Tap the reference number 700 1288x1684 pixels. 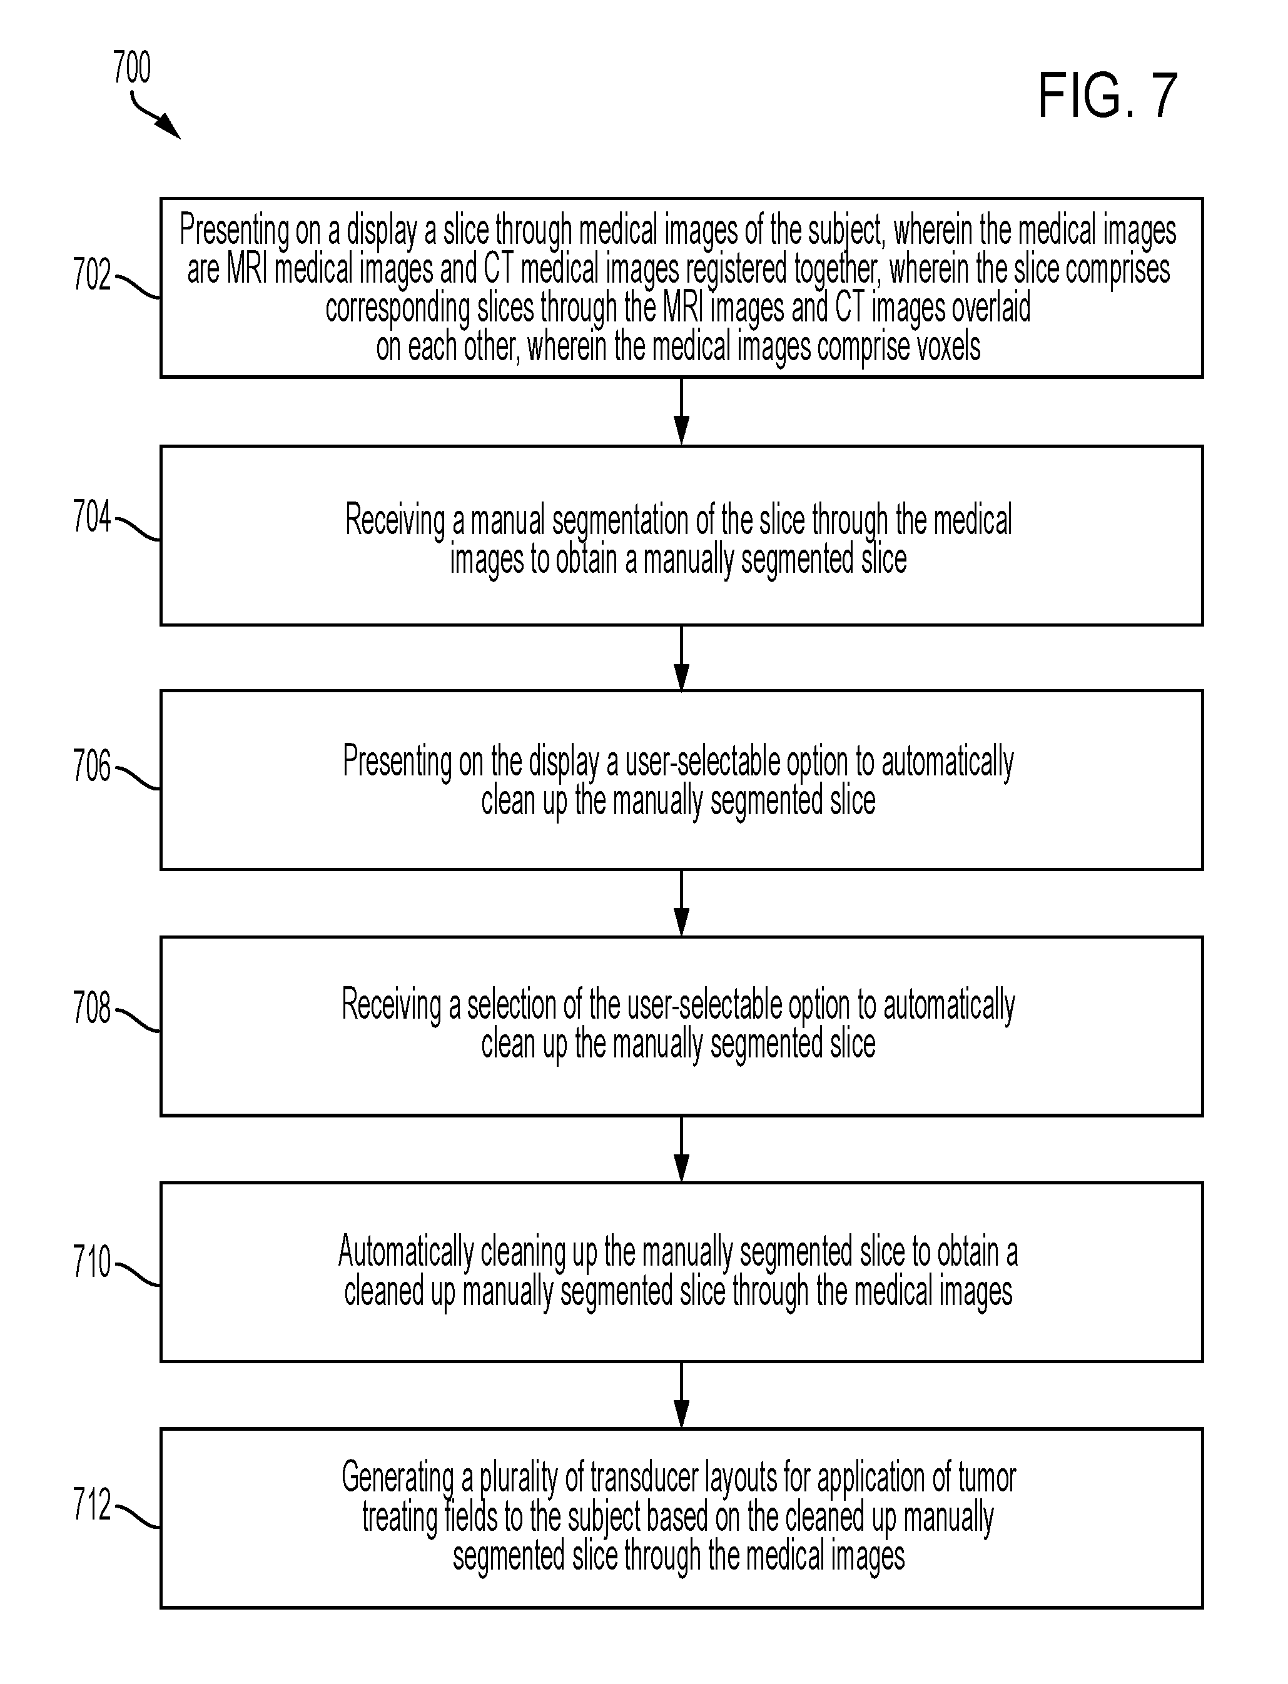point(132,68)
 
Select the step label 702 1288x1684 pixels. point(92,275)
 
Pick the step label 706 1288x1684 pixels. point(92,766)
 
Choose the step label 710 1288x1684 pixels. point(92,1262)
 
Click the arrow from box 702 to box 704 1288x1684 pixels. point(681,411)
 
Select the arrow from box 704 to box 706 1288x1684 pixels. point(681,658)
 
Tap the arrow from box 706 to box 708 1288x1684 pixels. point(681,903)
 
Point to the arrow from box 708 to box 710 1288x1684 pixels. point(681,1149)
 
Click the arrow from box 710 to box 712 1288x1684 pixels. point(681,1395)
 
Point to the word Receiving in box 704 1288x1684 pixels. point(395,522)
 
